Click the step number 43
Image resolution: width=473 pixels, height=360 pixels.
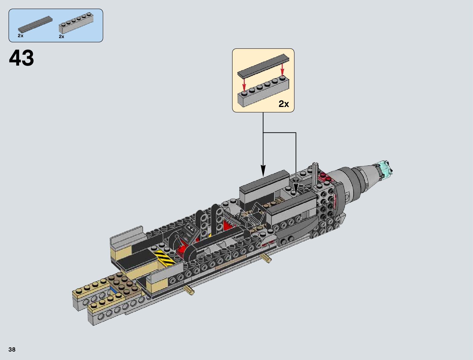tap(21, 58)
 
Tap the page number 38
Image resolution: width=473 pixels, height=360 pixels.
tap(12, 349)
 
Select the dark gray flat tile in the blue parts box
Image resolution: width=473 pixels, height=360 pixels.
tap(35, 24)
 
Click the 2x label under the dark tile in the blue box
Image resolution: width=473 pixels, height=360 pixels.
tap(21, 36)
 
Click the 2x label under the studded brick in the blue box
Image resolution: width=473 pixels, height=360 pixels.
tap(62, 37)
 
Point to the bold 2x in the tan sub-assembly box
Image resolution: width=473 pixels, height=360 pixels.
tap(283, 104)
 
